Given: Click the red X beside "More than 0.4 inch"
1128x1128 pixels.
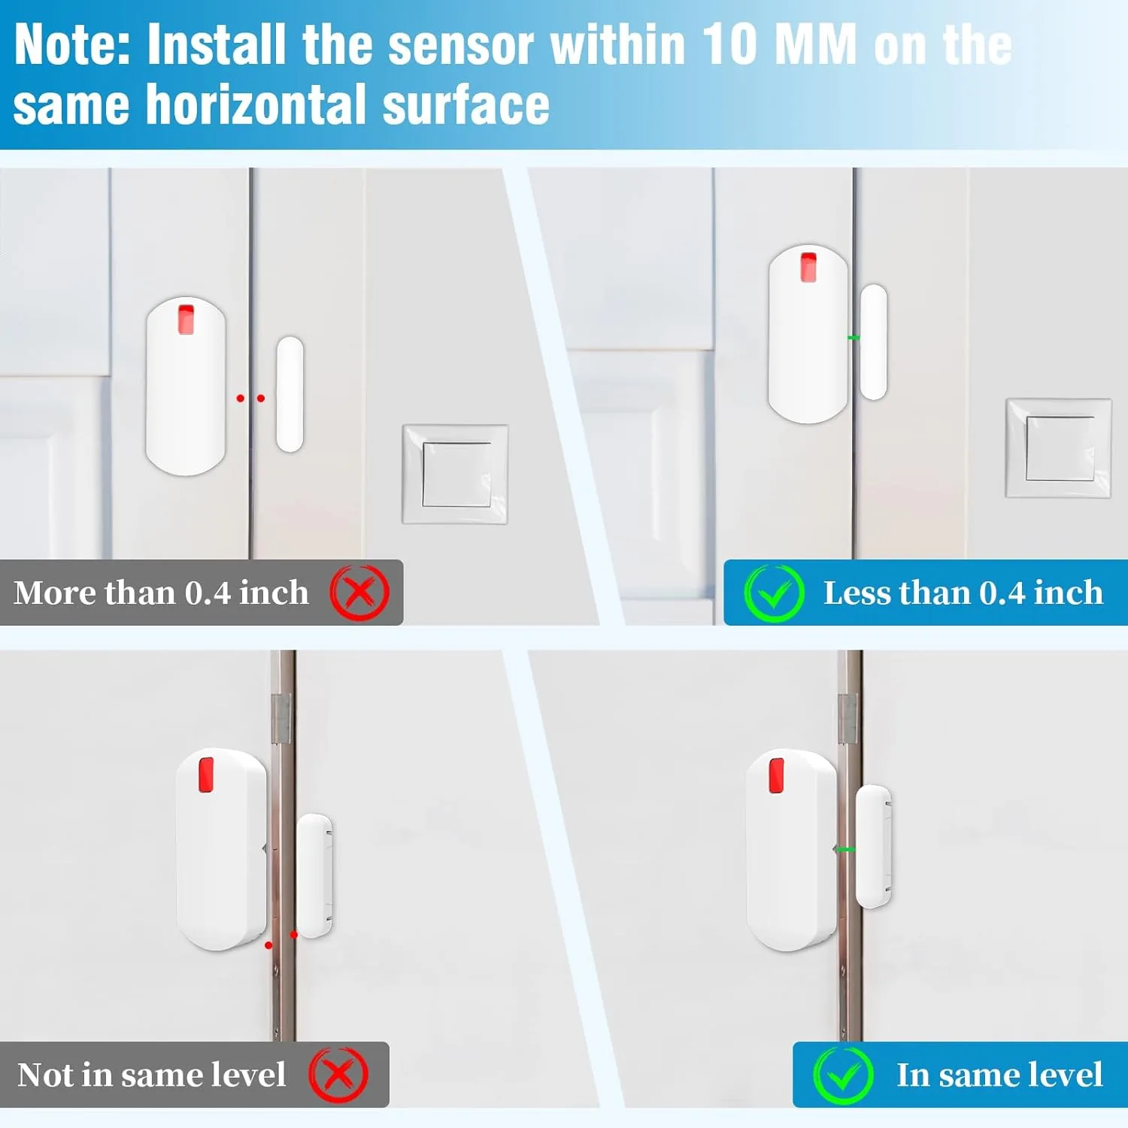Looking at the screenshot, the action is [359, 593].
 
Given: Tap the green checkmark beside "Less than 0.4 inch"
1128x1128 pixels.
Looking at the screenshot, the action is [774, 593].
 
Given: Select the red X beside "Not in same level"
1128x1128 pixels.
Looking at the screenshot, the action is [338, 1075].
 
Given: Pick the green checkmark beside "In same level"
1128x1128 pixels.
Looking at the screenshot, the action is [843, 1075].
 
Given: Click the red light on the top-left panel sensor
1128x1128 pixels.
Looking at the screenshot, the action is [186, 319].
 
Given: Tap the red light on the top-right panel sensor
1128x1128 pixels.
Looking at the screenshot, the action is [808, 267].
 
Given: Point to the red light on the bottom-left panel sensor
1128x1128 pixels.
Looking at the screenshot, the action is [205, 775].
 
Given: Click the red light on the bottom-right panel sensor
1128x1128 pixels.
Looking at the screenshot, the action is [776, 775].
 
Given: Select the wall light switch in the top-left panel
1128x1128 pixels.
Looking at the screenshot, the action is [456, 475].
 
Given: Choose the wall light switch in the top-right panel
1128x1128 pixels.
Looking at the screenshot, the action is [1059, 448].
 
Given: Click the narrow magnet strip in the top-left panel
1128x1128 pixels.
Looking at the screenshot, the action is [290, 395].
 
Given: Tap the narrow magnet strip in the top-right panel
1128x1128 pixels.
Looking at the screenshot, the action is [873, 342].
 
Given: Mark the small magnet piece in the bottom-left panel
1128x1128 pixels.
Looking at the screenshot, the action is [314, 875].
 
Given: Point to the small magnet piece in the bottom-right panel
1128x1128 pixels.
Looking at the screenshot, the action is [874, 846].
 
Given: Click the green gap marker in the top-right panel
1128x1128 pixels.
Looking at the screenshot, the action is [854, 338].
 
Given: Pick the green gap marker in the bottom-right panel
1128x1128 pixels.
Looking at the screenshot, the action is [845, 850].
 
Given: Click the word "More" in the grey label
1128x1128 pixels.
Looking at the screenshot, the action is [56, 593].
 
